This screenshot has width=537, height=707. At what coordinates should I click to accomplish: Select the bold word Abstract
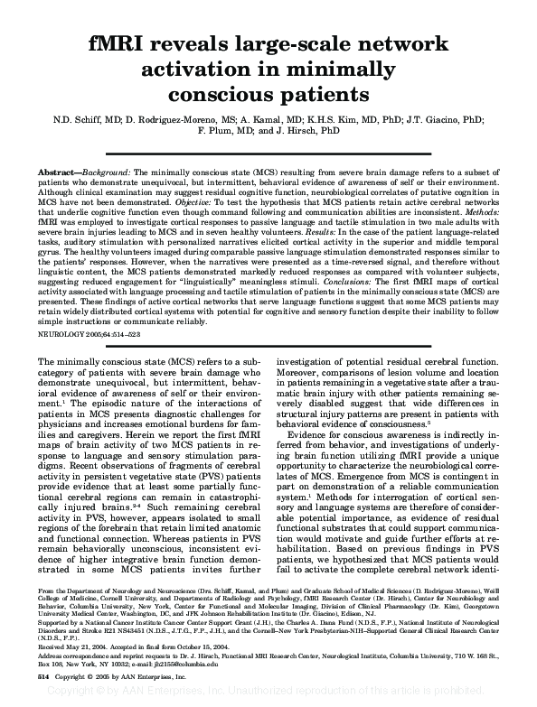pyautogui.click(x=60, y=171)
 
